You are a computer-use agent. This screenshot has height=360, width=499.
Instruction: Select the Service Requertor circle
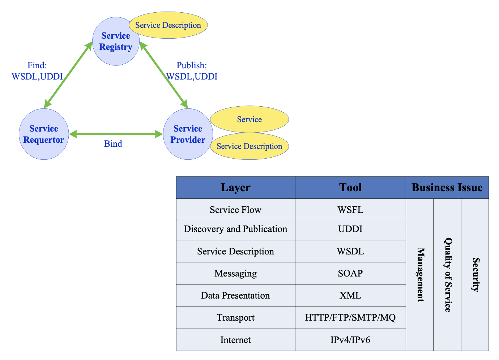click(44, 134)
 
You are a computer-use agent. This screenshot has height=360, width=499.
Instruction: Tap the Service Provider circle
click(188, 134)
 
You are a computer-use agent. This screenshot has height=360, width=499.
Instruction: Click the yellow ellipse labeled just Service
click(249, 119)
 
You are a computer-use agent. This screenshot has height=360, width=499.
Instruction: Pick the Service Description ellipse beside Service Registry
click(169, 25)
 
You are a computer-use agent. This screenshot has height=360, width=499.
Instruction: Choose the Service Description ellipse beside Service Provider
click(249, 146)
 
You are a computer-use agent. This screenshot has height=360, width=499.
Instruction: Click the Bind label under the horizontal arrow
click(113, 144)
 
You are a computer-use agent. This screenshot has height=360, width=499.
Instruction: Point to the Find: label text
click(37, 65)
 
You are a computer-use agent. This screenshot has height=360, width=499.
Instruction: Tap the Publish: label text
click(192, 65)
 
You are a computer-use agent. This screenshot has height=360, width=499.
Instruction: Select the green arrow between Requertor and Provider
click(116, 134)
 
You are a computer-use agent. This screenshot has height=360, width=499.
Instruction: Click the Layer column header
click(236, 188)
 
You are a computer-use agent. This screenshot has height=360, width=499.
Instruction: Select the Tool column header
click(350, 188)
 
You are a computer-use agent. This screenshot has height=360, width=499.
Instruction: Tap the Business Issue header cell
click(447, 188)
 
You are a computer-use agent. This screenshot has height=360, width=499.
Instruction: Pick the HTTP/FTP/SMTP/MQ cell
click(350, 318)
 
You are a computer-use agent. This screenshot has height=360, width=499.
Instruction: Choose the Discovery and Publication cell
click(236, 229)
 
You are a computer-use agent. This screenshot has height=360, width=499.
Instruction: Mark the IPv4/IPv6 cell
click(350, 340)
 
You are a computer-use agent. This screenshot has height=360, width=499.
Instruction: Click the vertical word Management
click(420, 275)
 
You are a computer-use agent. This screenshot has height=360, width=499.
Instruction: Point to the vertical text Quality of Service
click(448, 275)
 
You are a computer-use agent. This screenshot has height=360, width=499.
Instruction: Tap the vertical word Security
click(475, 275)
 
